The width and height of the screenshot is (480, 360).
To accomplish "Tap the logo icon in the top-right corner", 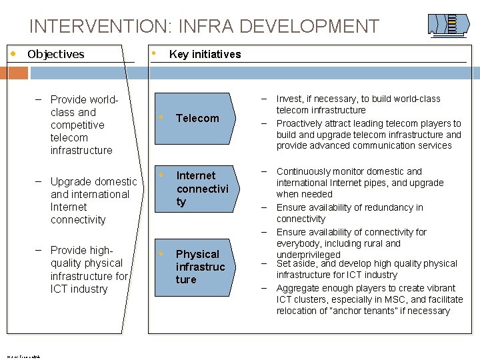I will coord(444,24).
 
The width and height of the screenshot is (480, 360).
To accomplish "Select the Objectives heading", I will coord(56,54).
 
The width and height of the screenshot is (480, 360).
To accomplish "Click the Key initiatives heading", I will coord(205,55).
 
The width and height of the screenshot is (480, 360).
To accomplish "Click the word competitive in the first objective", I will coord(77,125).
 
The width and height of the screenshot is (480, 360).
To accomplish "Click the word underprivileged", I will coord(308,255).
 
